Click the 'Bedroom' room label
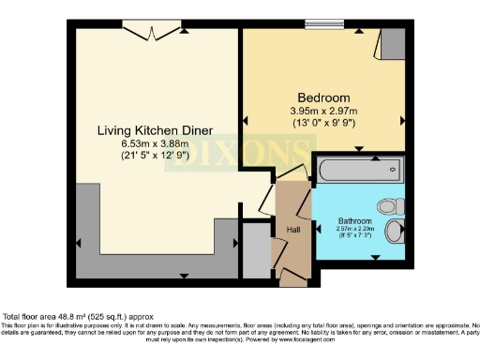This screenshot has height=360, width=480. pos(324,97)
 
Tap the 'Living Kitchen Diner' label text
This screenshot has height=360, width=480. pos(155,129)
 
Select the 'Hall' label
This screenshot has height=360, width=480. pos(292,228)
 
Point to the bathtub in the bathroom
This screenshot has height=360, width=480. pos(360,171)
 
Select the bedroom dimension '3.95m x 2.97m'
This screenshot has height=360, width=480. pos(324,111)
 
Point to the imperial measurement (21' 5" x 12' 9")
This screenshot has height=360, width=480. pos(155,155)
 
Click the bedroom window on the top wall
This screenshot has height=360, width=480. pos(324,24)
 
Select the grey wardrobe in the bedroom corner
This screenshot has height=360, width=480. pos(394,41)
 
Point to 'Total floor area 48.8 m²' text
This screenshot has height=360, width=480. pos(66,317)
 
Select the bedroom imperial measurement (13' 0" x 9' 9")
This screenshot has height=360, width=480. pos(324,122)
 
